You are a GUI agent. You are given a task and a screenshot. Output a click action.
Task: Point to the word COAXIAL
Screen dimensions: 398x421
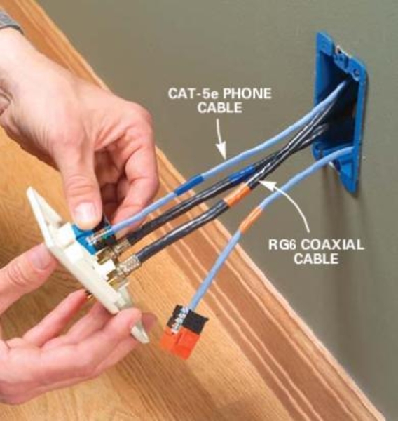tap(331, 245)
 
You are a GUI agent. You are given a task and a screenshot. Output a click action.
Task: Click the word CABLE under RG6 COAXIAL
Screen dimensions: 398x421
tap(315, 259)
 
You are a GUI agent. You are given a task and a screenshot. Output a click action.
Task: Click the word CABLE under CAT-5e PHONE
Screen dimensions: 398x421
tap(219, 108)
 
